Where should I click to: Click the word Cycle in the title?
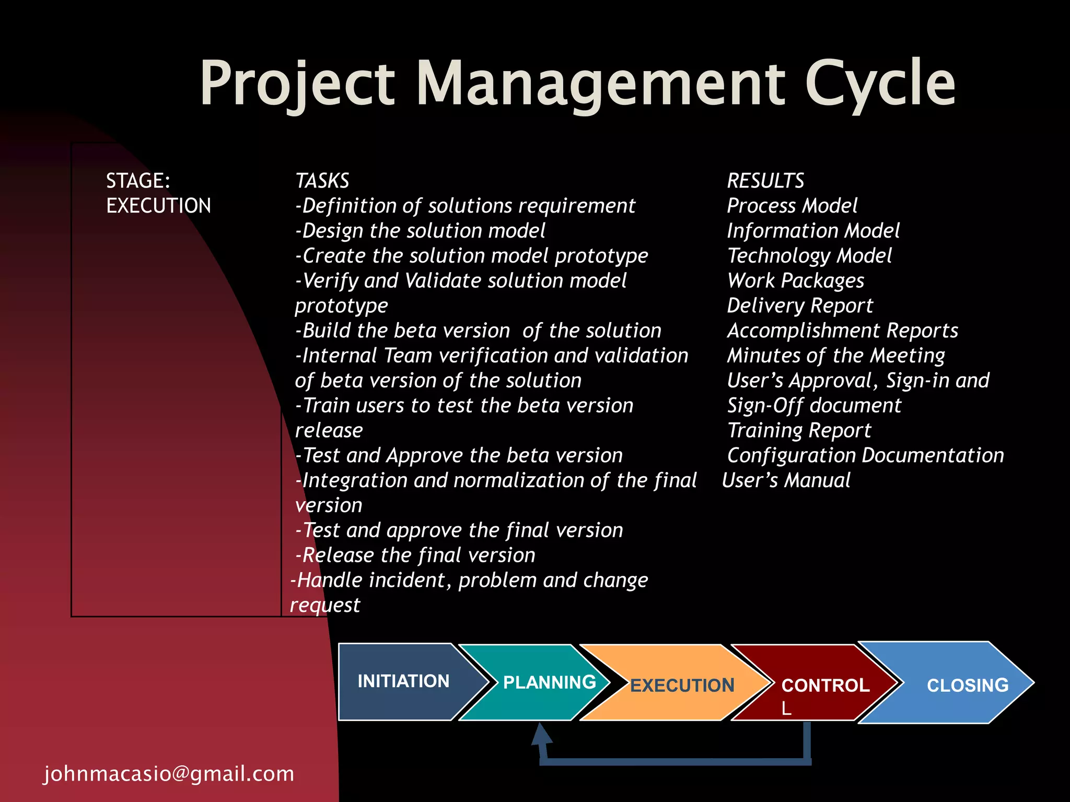880,84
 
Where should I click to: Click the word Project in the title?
297,84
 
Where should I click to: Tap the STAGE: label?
138,181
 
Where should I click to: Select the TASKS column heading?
322,181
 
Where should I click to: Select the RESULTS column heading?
765,181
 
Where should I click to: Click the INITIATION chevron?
403,681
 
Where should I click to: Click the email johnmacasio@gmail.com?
169,774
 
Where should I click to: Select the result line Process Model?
792,206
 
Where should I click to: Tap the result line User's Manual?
786,480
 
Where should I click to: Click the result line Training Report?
799,431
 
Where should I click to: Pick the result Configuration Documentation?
865,455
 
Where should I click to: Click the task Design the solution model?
421,231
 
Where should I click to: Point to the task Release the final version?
416,555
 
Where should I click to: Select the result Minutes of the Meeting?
836,356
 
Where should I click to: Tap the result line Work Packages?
796,281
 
